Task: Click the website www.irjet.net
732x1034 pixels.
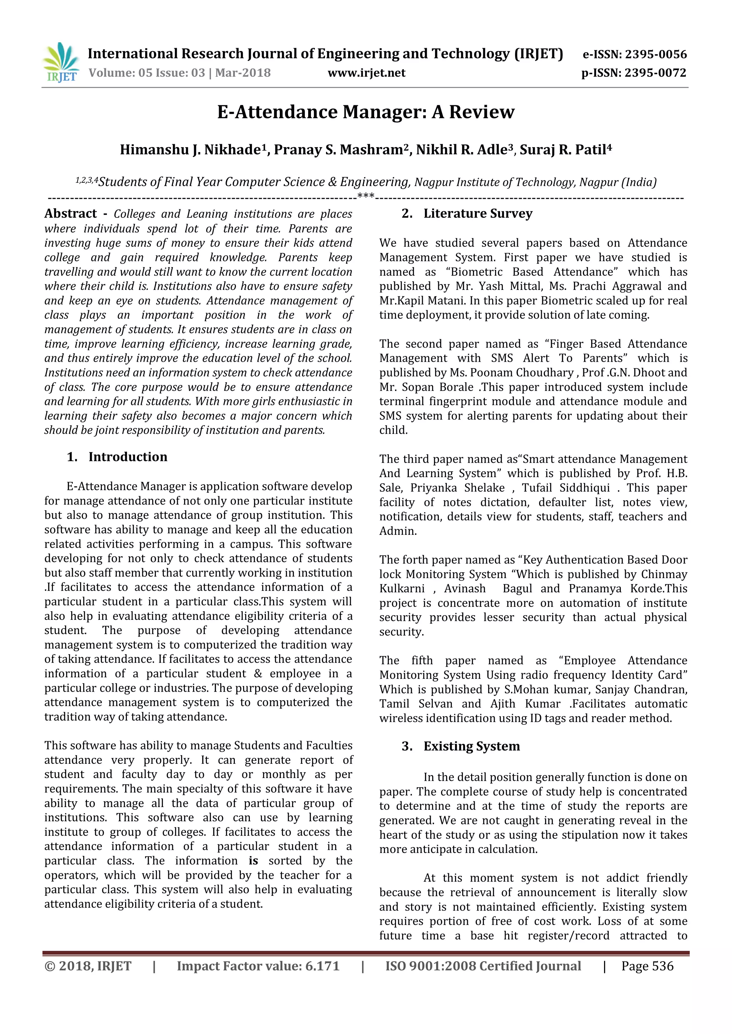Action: coord(366,73)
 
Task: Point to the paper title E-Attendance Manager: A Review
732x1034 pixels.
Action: coord(366,112)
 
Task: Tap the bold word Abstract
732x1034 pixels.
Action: coord(71,214)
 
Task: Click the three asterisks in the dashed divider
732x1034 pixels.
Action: coord(366,197)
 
